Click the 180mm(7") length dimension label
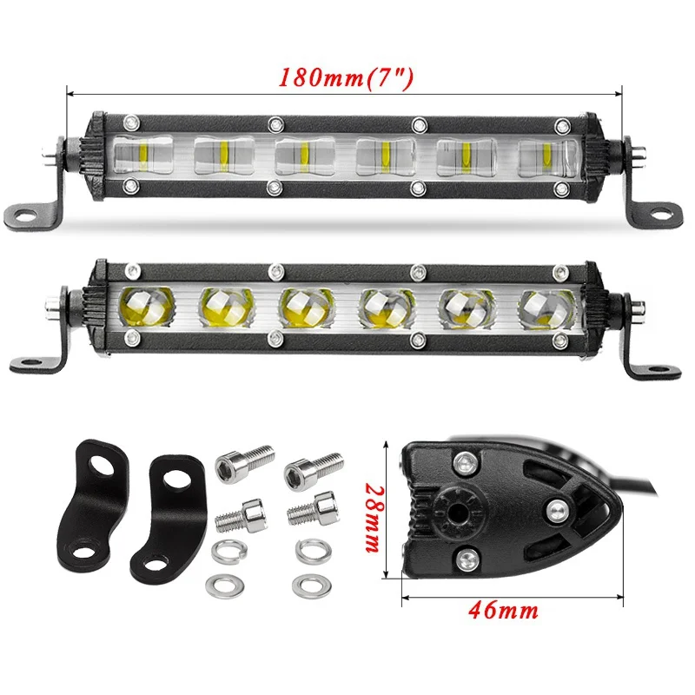[x=346, y=78]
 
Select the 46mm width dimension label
[x=504, y=611]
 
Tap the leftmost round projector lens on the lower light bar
[x=146, y=307]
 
